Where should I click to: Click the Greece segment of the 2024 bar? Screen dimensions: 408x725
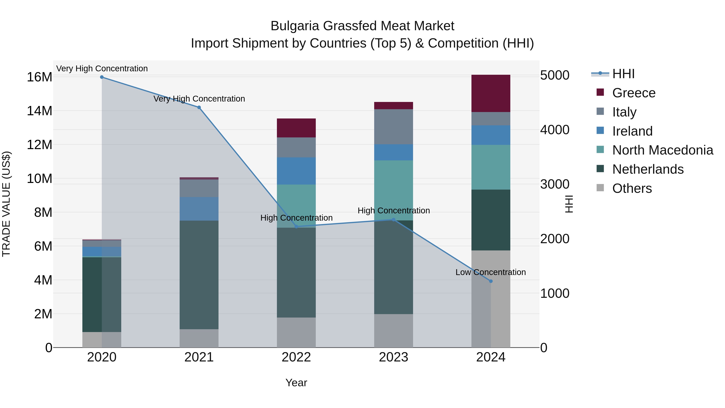491,93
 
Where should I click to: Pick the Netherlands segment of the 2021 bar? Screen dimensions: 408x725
199,275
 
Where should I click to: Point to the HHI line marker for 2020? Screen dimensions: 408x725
102,77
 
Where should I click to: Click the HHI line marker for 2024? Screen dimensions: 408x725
491,281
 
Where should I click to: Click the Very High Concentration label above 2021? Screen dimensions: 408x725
199,99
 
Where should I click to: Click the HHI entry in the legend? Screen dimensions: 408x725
623,74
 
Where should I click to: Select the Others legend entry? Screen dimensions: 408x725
632,188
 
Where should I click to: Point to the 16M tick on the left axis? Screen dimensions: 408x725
39,77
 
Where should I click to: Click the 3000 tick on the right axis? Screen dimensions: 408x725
554,184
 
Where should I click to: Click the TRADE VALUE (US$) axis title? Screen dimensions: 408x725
6,204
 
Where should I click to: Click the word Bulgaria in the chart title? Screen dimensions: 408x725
295,26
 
